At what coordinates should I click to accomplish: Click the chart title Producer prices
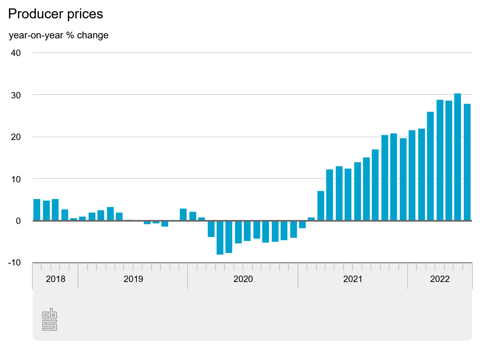pyautogui.click(x=56, y=14)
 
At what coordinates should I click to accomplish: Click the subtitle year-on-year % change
pyautogui.click(x=58, y=35)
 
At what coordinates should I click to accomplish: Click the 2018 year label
pyautogui.click(x=55, y=279)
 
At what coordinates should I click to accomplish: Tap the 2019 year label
pyautogui.click(x=133, y=279)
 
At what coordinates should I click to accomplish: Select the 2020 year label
pyautogui.click(x=243, y=279)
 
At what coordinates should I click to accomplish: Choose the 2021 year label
pyautogui.click(x=353, y=279)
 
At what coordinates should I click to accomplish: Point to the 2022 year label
pyautogui.click(x=440, y=279)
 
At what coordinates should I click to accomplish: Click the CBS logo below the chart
pyautogui.click(x=50, y=320)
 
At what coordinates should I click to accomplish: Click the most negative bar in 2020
pyautogui.click(x=220, y=238)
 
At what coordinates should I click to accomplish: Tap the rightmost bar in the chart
pyautogui.click(x=467, y=162)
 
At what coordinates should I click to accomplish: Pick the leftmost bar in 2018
pyautogui.click(x=37, y=210)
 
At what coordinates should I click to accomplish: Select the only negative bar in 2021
pyautogui.click(x=302, y=224)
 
